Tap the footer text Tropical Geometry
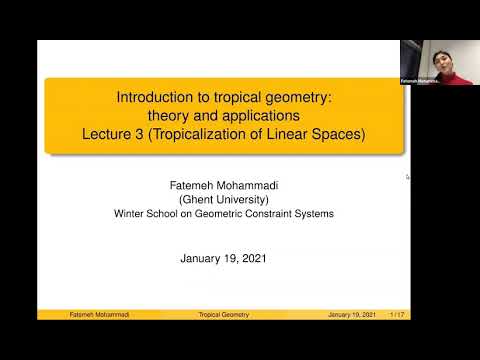[224, 315]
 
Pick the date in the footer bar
[352, 315]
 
